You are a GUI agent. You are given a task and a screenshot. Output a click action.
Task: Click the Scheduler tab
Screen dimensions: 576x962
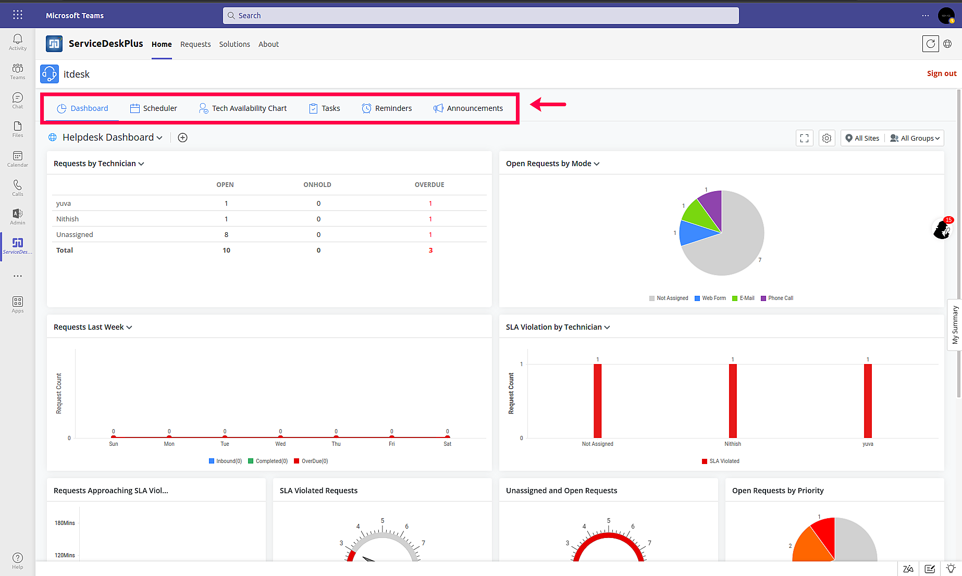tap(154, 108)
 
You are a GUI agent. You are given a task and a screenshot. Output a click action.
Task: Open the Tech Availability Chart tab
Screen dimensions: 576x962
tap(243, 108)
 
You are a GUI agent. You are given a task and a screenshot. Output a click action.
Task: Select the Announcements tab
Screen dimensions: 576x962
tap(468, 108)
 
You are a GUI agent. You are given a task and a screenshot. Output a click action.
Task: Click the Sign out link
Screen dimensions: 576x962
tap(941, 73)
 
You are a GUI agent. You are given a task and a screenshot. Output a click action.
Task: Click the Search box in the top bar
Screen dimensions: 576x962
tap(480, 16)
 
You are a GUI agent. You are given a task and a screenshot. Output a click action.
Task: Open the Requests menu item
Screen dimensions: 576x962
tap(195, 44)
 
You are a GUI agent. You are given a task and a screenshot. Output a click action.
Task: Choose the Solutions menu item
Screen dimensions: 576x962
tap(235, 44)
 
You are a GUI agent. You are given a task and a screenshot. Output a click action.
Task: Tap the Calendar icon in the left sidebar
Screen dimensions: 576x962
tap(18, 159)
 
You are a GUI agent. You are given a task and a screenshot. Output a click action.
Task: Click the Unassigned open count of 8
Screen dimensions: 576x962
tap(226, 234)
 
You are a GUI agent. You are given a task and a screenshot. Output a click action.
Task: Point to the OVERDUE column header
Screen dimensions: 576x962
tap(429, 185)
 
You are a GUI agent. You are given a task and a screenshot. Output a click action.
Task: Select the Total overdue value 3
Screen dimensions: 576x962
tap(430, 251)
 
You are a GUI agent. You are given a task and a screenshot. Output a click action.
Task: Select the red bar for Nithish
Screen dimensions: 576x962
tap(733, 401)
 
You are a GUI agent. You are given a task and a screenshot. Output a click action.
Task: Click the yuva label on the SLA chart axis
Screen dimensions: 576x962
tap(868, 444)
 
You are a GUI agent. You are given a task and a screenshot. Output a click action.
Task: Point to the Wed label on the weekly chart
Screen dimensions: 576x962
tap(280, 444)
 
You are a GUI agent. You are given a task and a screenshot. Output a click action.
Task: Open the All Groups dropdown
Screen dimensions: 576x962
tap(915, 138)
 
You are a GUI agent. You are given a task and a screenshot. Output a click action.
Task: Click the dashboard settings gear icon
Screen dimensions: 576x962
tap(827, 138)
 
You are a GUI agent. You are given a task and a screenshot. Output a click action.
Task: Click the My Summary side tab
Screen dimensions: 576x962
tap(955, 325)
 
